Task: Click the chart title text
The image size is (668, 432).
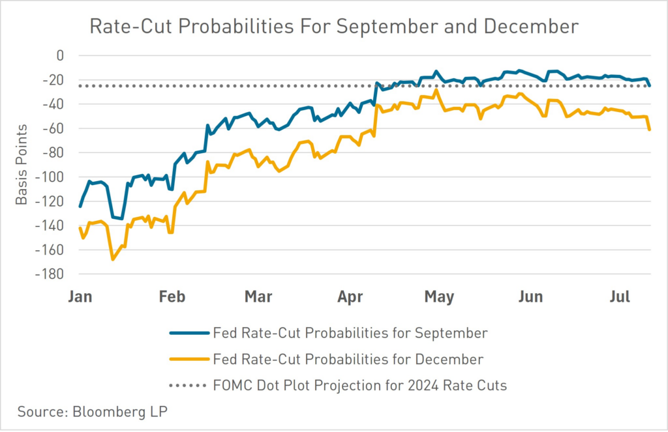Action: tap(334, 27)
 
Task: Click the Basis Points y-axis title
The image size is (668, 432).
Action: tap(22, 164)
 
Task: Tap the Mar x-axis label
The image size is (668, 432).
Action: tap(258, 297)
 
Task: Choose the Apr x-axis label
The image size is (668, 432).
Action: tap(350, 297)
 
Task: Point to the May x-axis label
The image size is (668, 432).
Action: tap(439, 297)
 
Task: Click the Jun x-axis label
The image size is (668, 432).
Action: tap(530, 297)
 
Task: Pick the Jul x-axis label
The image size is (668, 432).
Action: tap(619, 297)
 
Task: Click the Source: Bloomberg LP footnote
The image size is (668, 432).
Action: tap(88, 412)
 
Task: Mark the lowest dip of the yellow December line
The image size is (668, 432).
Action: tap(112, 259)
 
